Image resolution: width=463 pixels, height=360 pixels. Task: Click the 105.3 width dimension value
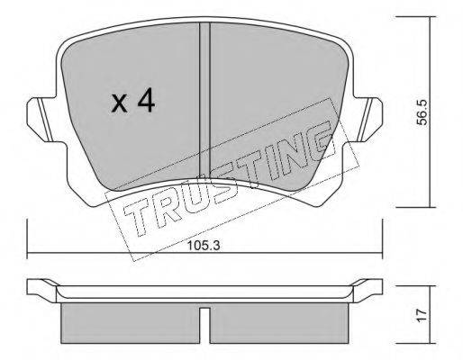pos(204,246)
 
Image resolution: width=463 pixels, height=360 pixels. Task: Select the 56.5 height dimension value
pos(422,112)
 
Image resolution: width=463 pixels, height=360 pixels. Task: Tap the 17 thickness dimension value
pos(422,316)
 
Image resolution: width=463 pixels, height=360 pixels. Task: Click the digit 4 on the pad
pos(146,102)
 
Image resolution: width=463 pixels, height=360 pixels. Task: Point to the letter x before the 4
pos(119,103)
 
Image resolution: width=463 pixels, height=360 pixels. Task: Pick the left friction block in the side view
pos(131,323)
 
